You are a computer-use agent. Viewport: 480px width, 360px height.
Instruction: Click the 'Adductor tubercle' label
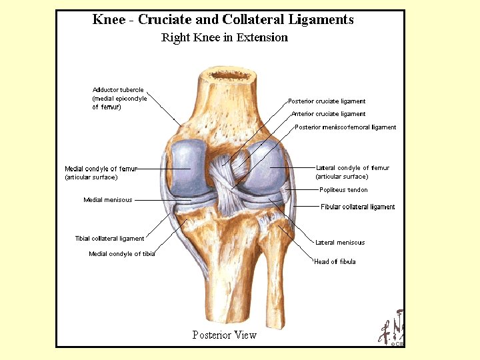pyautogui.click(x=118, y=90)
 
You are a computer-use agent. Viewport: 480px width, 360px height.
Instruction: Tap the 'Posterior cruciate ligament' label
pyautogui.click(x=327, y=101)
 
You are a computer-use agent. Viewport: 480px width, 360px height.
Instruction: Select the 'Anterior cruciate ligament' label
pyautogui.click(x=328, y=114)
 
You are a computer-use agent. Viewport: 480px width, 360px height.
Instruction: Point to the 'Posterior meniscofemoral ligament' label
pyautogui.click(x=345, y=127)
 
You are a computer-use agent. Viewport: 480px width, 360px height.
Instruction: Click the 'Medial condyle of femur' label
pyautogui.click(x=101, y=169)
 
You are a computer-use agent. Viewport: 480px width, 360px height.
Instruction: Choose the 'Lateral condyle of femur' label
pyautogui.click(x=352, y=168)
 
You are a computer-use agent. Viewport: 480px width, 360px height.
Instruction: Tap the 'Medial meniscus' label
pyautogui.click(x=107, y=199)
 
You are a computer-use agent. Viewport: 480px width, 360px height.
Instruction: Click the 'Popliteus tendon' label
pyautogui.click(x=343, y=190)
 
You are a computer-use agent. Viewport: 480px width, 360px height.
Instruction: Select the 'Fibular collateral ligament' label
pyautogui.click(x=357, y=207)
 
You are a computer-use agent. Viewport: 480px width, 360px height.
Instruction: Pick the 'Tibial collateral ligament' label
pyautogui.click(x=109, y=238)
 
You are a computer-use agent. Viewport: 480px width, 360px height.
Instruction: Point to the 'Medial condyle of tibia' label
pyautogui.click(x=121, y=254)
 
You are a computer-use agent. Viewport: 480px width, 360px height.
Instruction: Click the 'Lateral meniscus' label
pyautogui.click(x=339, y=243)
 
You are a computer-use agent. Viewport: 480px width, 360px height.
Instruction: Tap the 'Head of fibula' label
pyautogui.click(x=335, y=262)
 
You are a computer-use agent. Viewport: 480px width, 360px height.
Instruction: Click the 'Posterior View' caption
pyautogui.click(x=224, y=335)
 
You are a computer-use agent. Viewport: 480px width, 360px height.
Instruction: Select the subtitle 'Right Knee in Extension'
pyautogui.click(x=225, y=37)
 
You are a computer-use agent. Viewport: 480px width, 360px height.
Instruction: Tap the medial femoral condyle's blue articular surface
pyautogui.click(x=184, y=168)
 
